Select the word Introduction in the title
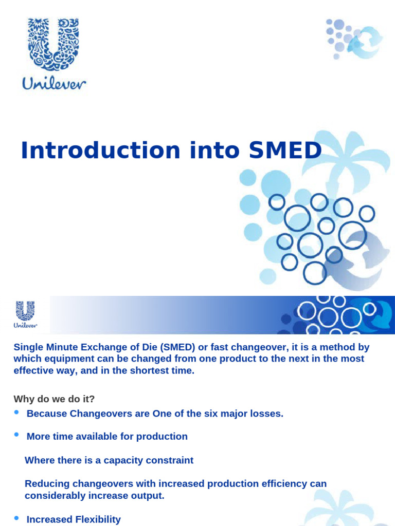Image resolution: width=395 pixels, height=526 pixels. (101, 150)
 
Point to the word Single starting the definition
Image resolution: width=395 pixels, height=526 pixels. (27, 347)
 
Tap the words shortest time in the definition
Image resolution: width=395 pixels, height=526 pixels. (161, 370)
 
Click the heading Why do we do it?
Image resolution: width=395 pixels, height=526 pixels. (55, 399)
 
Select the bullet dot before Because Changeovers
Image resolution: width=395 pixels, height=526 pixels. (16, 412)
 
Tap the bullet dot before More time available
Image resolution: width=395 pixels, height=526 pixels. (16, 435)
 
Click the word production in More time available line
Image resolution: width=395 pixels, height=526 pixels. (165, 437)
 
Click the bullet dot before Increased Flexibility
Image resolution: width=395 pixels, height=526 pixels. (16, 518)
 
